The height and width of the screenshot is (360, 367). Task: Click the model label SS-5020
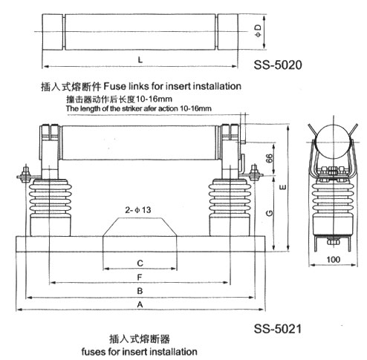278,65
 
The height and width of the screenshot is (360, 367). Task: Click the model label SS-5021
278,329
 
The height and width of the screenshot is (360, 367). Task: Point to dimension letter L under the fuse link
140,59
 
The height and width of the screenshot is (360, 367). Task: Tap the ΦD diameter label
259,30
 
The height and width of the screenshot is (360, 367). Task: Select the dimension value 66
269,158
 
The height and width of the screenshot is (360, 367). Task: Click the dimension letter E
282,187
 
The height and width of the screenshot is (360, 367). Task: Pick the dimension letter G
270,213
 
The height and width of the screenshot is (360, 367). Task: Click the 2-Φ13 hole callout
138,210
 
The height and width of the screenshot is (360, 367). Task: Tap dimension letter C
140,263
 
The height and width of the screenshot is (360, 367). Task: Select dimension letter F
140,277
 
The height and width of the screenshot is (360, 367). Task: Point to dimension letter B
140,291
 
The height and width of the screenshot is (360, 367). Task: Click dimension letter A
140,304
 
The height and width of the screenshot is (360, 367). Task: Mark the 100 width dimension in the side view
334,260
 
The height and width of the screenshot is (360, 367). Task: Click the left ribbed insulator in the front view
51,207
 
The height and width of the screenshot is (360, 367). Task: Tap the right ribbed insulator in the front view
230,207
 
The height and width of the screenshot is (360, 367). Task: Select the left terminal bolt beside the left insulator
25,174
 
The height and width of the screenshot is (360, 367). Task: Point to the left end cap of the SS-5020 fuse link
52,32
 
